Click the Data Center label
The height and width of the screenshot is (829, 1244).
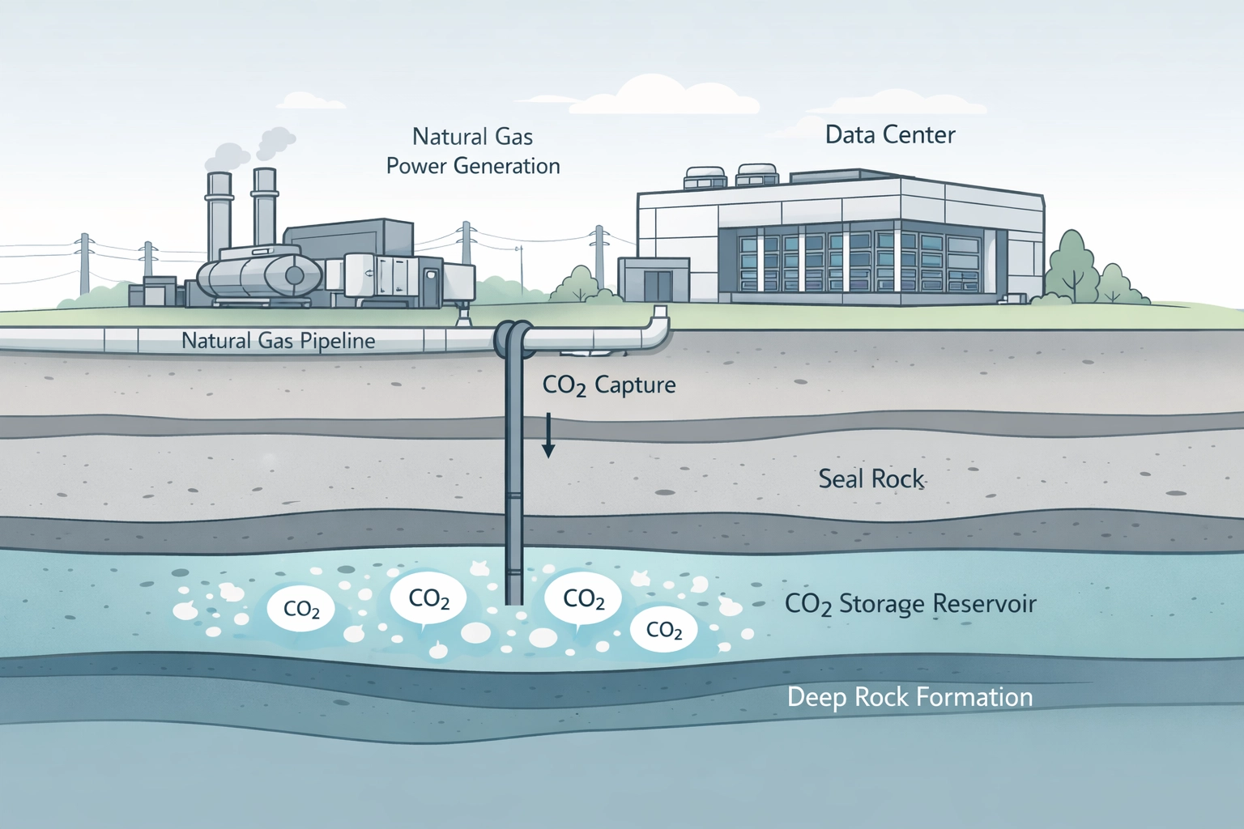tap(890, 134)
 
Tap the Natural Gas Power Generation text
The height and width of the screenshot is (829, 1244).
tap(473, 151)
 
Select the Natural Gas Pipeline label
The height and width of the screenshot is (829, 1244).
tap(278, 340)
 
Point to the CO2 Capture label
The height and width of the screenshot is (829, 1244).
tap(609, 385)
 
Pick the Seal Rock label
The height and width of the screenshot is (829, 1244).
tap(871, 478)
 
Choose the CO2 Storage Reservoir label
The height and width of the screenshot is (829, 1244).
tap(910, 604)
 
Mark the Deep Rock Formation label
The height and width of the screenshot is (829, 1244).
tap(910, 697)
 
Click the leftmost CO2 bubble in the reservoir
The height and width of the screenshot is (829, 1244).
tap(301, 610)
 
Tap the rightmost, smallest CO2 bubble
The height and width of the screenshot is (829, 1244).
tap(664, 630)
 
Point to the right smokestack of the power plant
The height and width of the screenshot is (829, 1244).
tap(264, 210)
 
